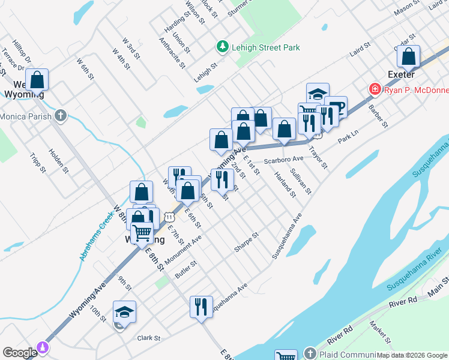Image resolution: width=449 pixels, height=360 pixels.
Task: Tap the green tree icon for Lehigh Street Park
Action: point(222,46)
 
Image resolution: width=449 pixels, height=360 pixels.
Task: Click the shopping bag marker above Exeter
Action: point(408,58)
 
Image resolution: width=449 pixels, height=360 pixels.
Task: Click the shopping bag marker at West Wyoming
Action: point(37,80)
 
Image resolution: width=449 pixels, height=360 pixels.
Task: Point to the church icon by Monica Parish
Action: point(60,115)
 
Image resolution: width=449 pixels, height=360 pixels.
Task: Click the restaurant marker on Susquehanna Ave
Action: point(201,307)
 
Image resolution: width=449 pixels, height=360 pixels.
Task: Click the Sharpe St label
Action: point(246,242)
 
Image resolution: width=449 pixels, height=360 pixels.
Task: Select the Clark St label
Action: point(149,338)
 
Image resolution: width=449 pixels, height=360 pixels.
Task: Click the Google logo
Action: point(20,353)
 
